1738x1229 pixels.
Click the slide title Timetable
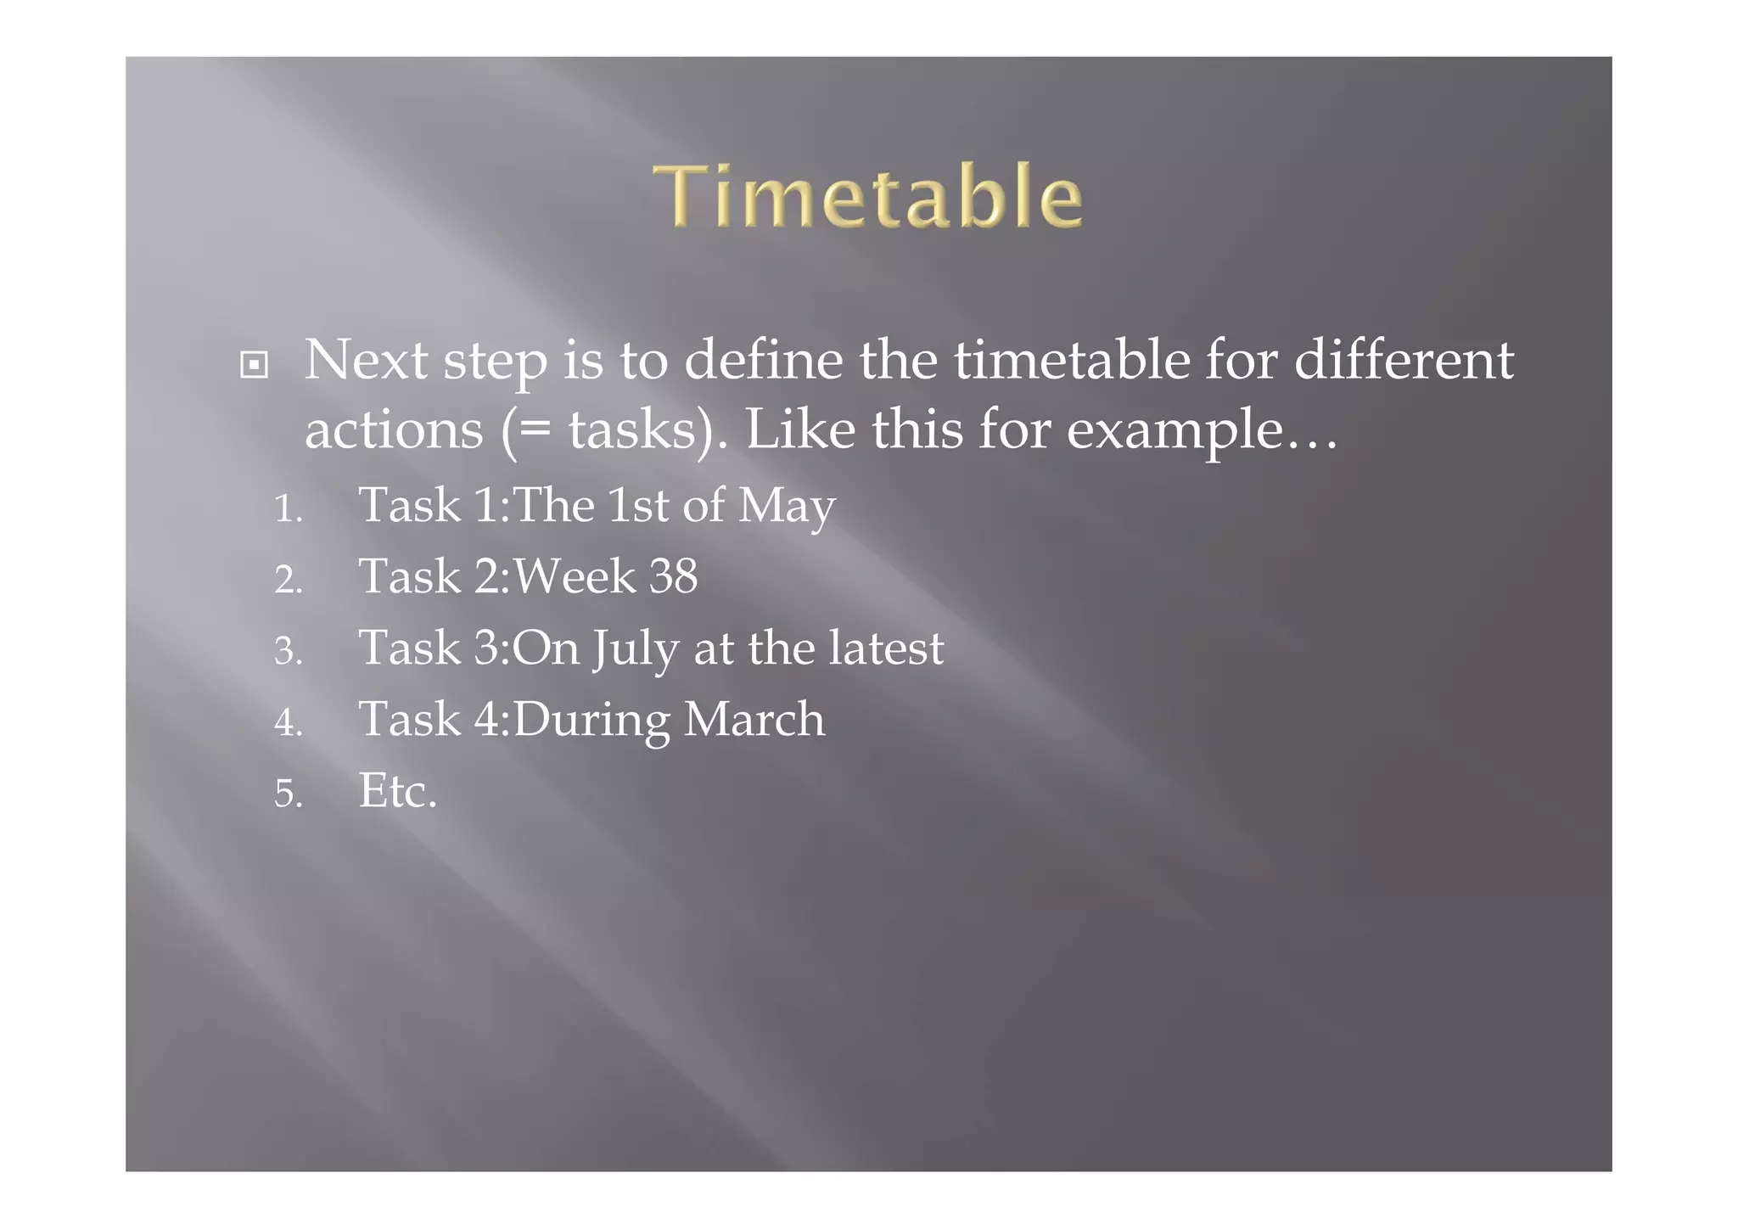coord(867,196)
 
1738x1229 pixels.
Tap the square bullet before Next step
coord(254,365)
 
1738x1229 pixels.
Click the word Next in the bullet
coord(366,360)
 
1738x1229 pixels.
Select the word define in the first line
coord(763,360)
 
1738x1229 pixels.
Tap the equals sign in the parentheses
coord(535,429)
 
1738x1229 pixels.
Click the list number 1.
coord(287,509)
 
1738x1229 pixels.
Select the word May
coord(787,507)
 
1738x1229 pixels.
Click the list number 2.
coord(288,581)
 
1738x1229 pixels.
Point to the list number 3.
coord(288,652)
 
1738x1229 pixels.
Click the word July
coord(635,649)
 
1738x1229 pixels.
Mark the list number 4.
coord(288,723)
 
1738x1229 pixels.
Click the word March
coord(754,720)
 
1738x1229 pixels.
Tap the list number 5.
coord(288,794)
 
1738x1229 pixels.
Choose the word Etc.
coord(397,791)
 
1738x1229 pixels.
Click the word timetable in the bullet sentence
coord(1071,360)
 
